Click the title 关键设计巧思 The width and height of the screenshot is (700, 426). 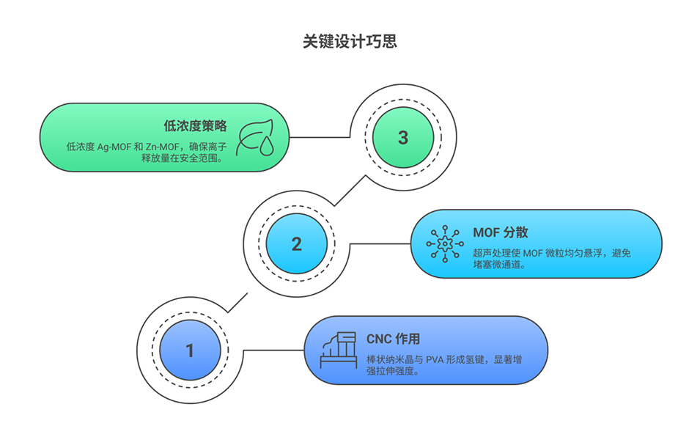point(350,41)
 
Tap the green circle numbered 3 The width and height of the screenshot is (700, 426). point(402,138)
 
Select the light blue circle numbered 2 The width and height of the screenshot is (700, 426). point(296,244)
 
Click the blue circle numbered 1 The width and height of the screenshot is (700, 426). point(190,350)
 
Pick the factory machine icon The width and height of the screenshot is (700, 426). point(338,350)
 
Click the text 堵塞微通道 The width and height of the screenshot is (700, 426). point(498,265)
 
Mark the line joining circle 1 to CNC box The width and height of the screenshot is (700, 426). point(272,350)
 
